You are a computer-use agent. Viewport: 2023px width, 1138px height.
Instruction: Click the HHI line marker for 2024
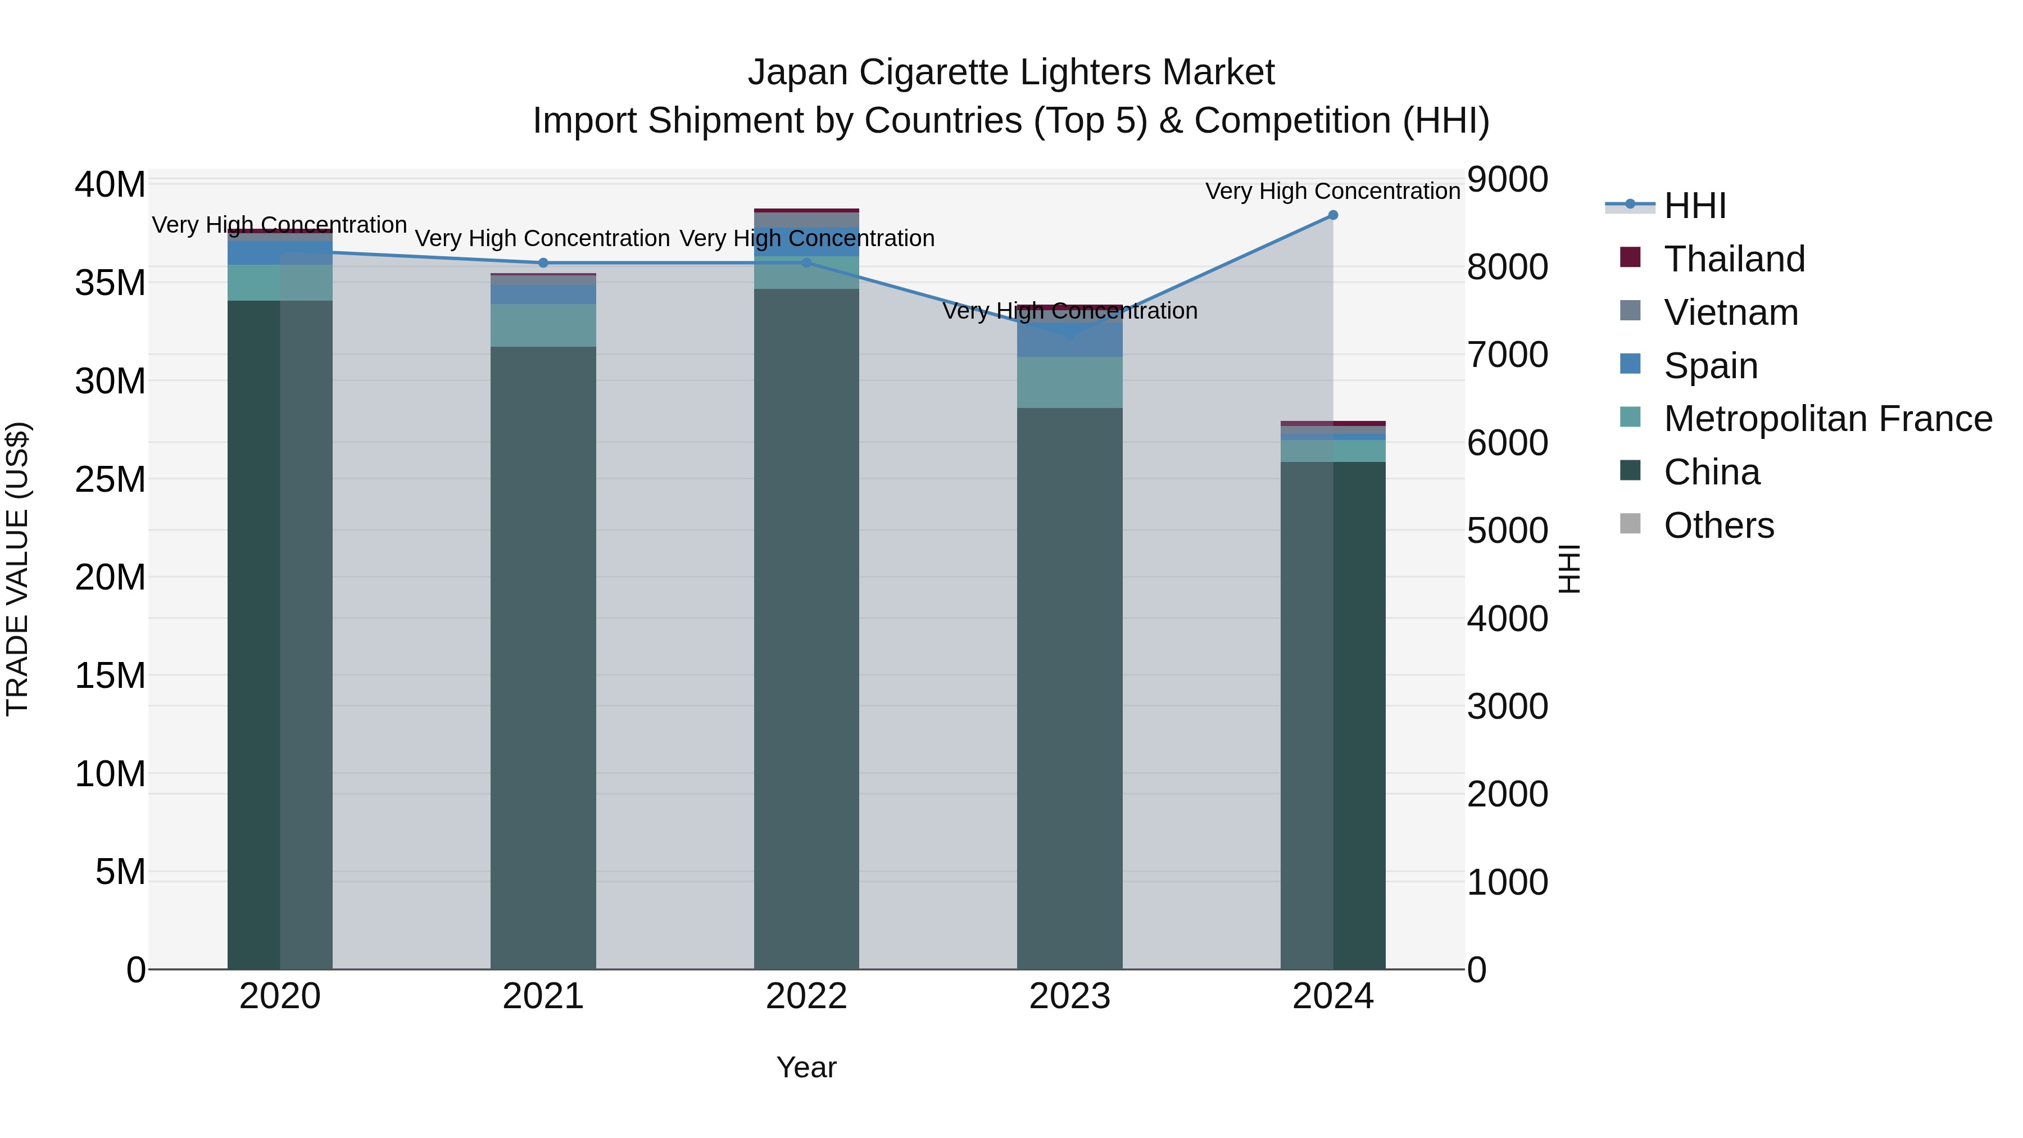click(x=1333, y=215)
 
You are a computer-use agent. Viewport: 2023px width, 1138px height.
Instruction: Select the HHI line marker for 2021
click(x=543, y=263)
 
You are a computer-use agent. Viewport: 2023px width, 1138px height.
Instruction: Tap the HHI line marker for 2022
click(x=806, y=263)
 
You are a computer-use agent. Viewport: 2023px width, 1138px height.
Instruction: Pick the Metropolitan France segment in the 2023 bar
click(x=1069, y=383)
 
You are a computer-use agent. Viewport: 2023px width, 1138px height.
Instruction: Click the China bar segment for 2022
click(x=806, y=628)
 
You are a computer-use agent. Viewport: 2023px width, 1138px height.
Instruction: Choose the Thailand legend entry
click(x=1734, y=259)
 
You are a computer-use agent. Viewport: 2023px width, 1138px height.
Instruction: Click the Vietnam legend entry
click(x=1731, y=312)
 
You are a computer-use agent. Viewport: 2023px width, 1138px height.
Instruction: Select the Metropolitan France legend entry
click(x=1827, y=419)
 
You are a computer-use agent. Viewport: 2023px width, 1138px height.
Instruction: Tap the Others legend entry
click(x=1718, y=525)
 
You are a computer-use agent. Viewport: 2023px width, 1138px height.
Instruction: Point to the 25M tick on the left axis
click(x=110, y=479)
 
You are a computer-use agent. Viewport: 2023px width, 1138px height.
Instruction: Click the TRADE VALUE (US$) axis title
click(x=17, y=569)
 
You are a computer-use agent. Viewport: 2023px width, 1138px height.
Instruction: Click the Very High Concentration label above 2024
click(x=1333, y=191)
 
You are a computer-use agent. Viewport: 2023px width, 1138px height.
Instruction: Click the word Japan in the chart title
click(x=798, y=72)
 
